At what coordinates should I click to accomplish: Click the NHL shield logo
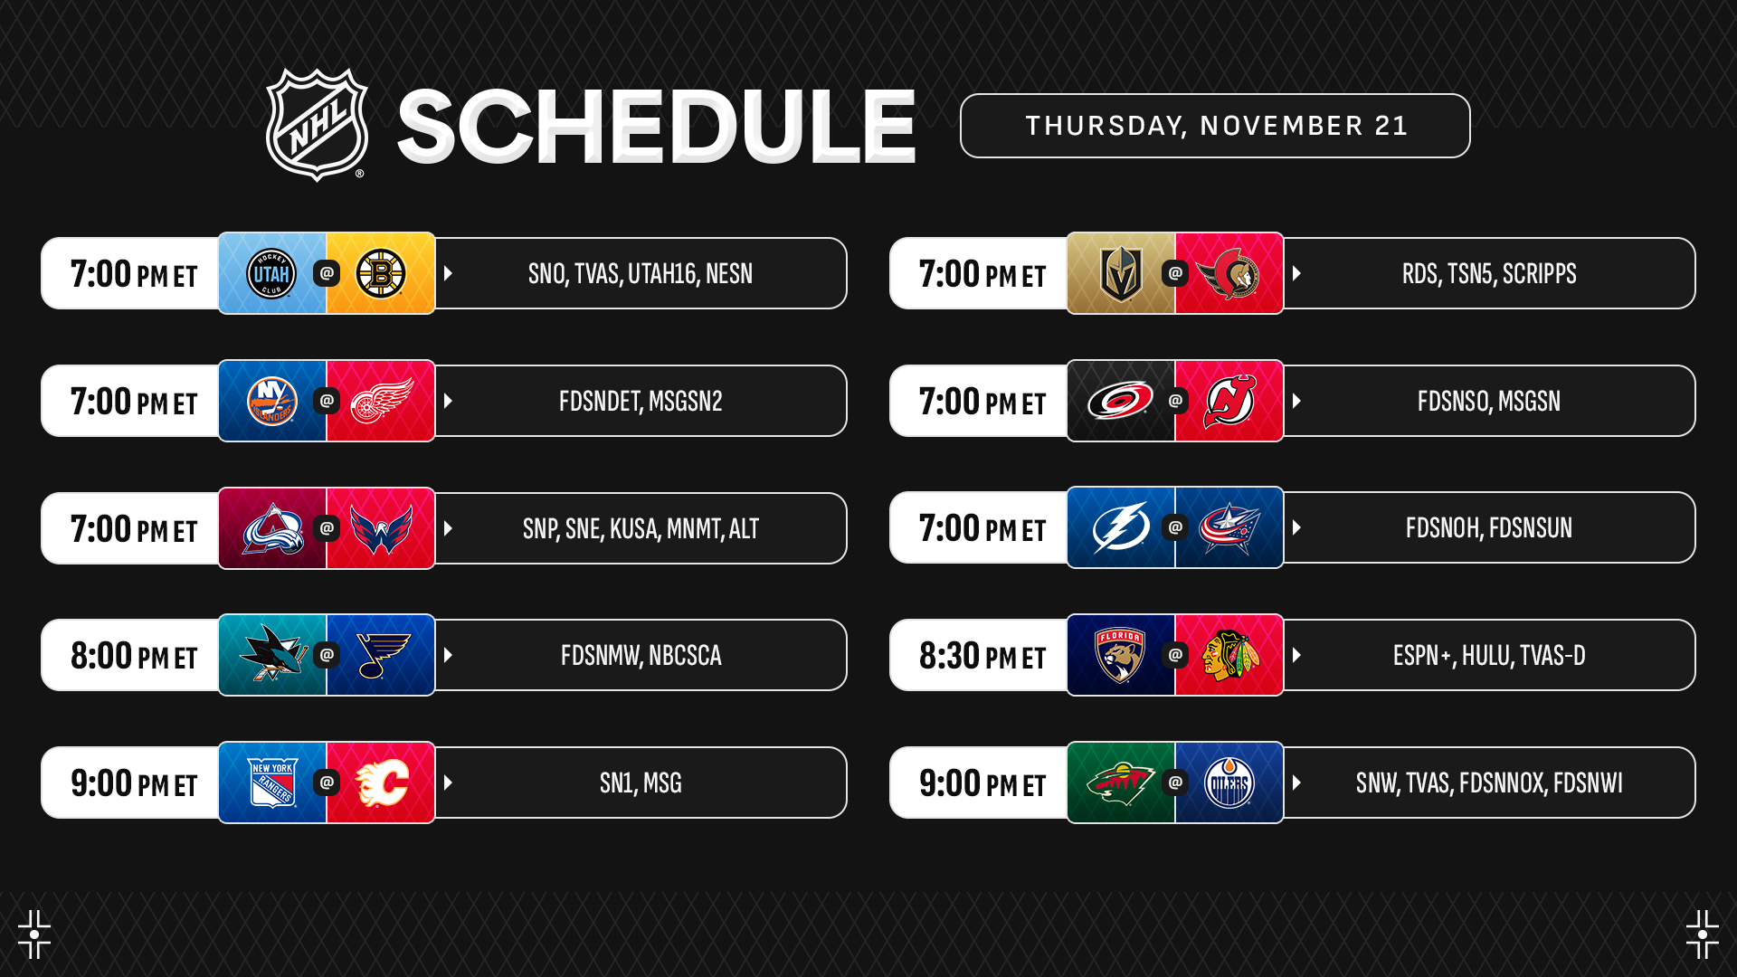(x=317, y=125)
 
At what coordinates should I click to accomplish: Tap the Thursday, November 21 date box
(x=1215, y=126)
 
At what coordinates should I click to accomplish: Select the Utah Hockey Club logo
(x=271, y=273)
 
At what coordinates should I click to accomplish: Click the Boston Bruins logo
(x=381, y=273)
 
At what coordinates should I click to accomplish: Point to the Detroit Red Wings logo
(x=381, y=401)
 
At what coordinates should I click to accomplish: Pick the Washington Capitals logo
(x=381, y=528)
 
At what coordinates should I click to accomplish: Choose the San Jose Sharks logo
(x=273, y=653)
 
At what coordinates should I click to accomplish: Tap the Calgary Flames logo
(x=381, y=783)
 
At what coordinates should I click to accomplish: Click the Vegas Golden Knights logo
(x=1120, y=273)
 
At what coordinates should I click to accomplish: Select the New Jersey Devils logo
(x=1229, y=401)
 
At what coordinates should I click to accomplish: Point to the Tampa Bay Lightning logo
(x=1121, y=527)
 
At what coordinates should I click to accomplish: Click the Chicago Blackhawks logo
(x=1229, y=655)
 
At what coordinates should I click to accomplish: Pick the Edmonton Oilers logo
(x=1229, y=783)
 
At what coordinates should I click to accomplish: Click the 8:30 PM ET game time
(x=982, y=656)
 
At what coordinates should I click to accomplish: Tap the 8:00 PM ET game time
(x=134, y=656)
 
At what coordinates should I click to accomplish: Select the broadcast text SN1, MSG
(x=641, y=783)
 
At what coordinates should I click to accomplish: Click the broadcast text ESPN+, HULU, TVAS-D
(x=1489, y=656)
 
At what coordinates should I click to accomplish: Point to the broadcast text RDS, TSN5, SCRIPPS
(x=1489, y=274)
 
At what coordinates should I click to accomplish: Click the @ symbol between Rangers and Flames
(x=327, y=783)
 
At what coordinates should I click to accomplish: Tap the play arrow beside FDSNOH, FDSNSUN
(x=1296, y=527)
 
